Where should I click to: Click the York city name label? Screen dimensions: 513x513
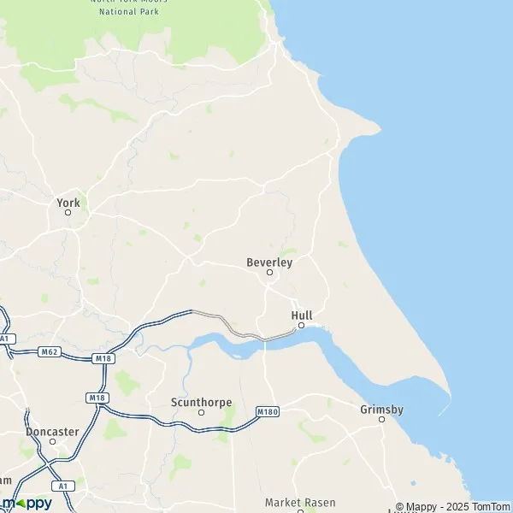pyautogui.click(x=68, y=203)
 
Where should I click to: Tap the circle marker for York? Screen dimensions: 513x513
pyautogui.click(x=68, y=212)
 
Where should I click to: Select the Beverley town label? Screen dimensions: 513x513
pyautogui.click(x=269, y=262)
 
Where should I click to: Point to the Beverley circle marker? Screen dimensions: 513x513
pyautogui.click(x=269, y=273)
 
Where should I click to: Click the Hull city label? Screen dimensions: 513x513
pyautogui.click(x=302, y=315)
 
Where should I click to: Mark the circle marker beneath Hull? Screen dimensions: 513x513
pyautogui.click(x=301, y=325)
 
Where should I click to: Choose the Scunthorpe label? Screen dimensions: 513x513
pyautogui.click(x=202, y=402)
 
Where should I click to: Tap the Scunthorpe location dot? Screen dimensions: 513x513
pyautogui.click(x=202, y=412)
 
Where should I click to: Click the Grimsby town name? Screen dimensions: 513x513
pyautogui.click(x=381, y=409)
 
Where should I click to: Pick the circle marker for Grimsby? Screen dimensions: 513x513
pyautogui.click(x=381, y=419)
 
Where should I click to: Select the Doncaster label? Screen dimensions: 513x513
pyautogui.click(x=53, y=432)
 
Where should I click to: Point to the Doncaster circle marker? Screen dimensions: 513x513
pyautogui.click(x=53, y=441)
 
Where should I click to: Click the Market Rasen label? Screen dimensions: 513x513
pyautogui.click(x=300, y=502)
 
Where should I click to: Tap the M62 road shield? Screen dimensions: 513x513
pyautogui.click(x=49, y=351)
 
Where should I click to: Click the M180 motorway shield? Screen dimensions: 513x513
pyautogui.click(x=267, y=412)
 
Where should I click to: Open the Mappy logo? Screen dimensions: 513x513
pyautogui.click(x=27, y=503)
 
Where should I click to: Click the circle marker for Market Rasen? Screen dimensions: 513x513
pyautogui.click(x=300, y=510)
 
